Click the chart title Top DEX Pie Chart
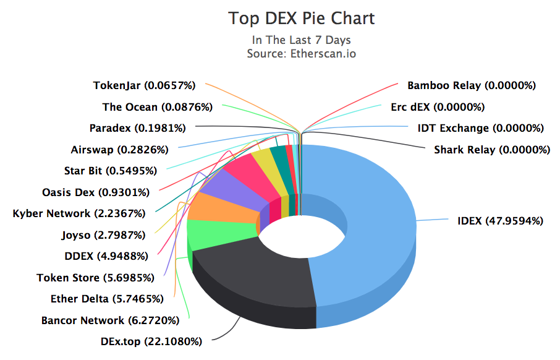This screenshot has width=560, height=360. click(x=301, y=19)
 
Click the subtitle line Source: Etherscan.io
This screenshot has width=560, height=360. click(x=301, y=53)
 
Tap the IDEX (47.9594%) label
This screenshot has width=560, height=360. click(x=500, y=220)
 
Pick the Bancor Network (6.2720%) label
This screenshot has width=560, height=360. click(x=110, y=320)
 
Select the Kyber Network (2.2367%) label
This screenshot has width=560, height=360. click(x=79, y=213)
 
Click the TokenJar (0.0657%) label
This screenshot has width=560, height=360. click(x=144, y=85)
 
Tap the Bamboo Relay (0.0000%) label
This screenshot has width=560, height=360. click(x=471, y=85)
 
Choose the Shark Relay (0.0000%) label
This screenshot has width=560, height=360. click(x=491, y=150)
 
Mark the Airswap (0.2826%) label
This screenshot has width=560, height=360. click(x=119, y=150)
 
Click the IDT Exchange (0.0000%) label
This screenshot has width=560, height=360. click(x=480, y=128)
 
